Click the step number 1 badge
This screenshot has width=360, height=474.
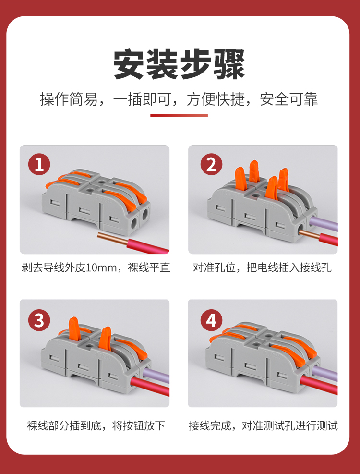click(x=39, y=164)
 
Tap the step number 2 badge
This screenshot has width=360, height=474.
click(x=211, y=164)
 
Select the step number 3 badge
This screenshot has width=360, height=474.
click(x=39, y=320)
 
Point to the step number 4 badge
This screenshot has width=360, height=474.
click(x=211, y=320)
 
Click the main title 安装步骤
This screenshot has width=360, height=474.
click(x=179, y=64)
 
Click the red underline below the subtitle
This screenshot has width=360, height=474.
click(x=179, y=115)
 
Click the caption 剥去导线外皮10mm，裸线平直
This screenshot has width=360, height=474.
click(x=96, y=267)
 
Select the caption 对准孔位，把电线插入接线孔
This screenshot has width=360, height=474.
click(x=263, y=267)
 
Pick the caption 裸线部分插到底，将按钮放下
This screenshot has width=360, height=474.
click(x=96, y=425)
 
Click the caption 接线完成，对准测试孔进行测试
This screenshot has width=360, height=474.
click(x=263, y=425)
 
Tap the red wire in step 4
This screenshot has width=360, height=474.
click(x=319, y=385)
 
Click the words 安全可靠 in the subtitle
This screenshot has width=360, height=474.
click(x=289, y=99)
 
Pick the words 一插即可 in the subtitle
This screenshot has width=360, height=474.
click(x=142, y=99)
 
